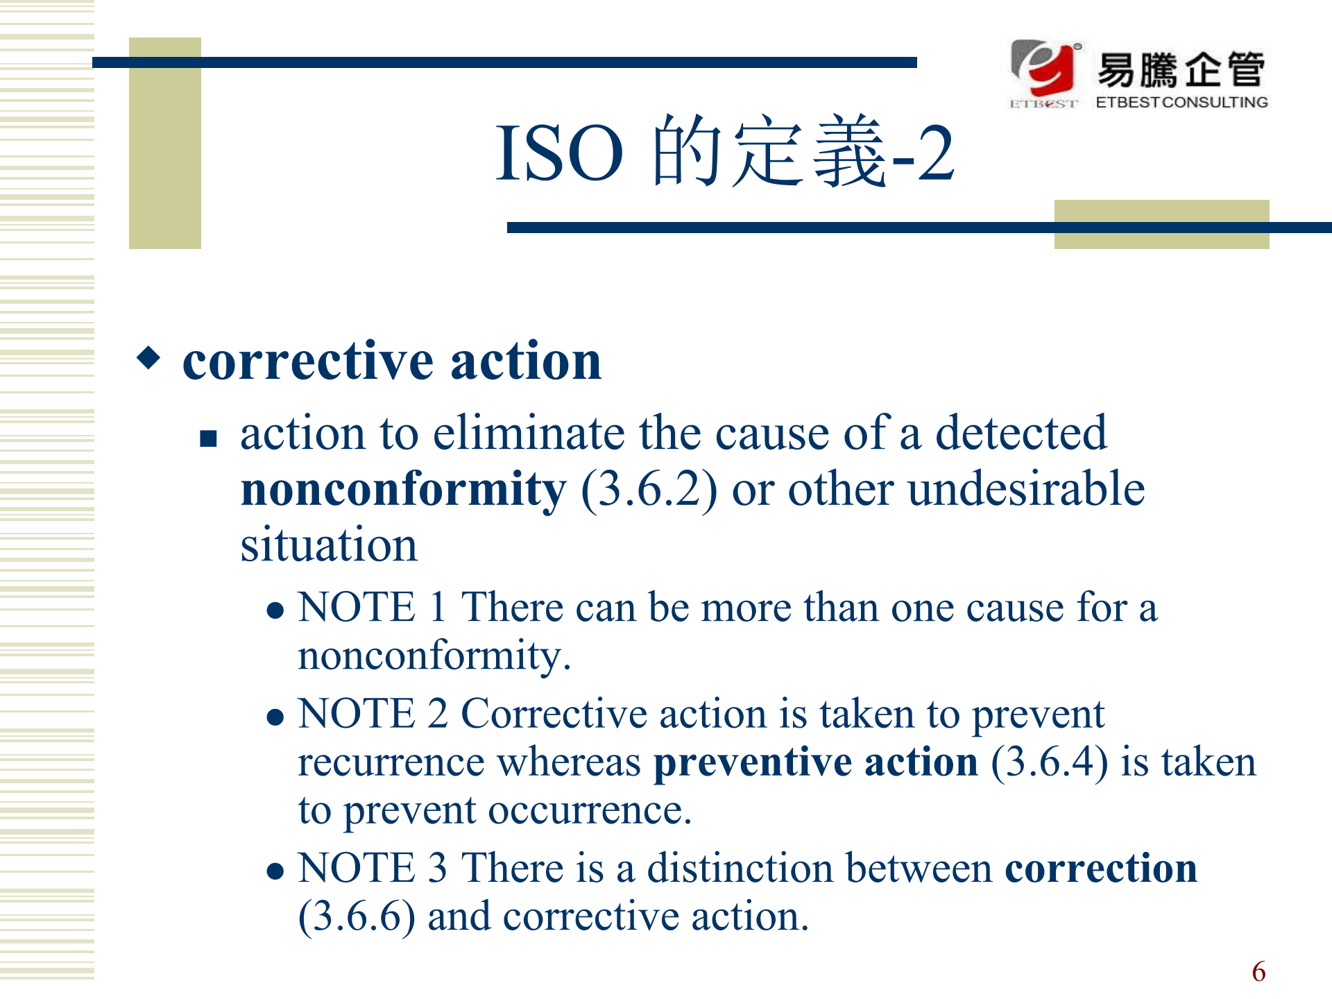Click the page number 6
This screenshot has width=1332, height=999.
pyautogui.click(x=1258, y=972)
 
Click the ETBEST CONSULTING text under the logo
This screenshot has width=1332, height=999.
pyautogui.click(x=1181, y=102)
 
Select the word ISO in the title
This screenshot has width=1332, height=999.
pyautogui.click(x=559, y=153)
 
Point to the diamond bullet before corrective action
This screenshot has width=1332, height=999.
pyautogui.click(x=148, y=358)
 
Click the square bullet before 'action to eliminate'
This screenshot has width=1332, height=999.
pyautogui.click(x=208, y=438)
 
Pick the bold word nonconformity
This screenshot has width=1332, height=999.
pyautogui.click(x=404, y=490)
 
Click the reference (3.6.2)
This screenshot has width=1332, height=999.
pyautogui.click(x=649, y=490)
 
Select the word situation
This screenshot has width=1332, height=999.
pyautogui.click(x=329, y=545)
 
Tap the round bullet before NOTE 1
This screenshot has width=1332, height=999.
pyautogui.click(x=275, y=610)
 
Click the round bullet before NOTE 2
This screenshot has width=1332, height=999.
pyautogui.click(x=275, y=717)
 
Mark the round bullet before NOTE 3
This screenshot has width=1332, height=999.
pyautogui.click(x=275, y=871)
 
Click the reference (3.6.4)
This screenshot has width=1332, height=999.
pyautogui.click(x=1050, y=763)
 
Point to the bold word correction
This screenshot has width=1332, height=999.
pyautogui.click(x=1101, y=868)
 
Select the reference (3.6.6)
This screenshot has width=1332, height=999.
pyautogui.click(x=357, y=917)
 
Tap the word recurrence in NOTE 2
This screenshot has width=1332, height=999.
pyautogui.click(x=391, y=763)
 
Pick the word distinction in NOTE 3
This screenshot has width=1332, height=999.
pyautogui.click(x=740, y=868)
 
